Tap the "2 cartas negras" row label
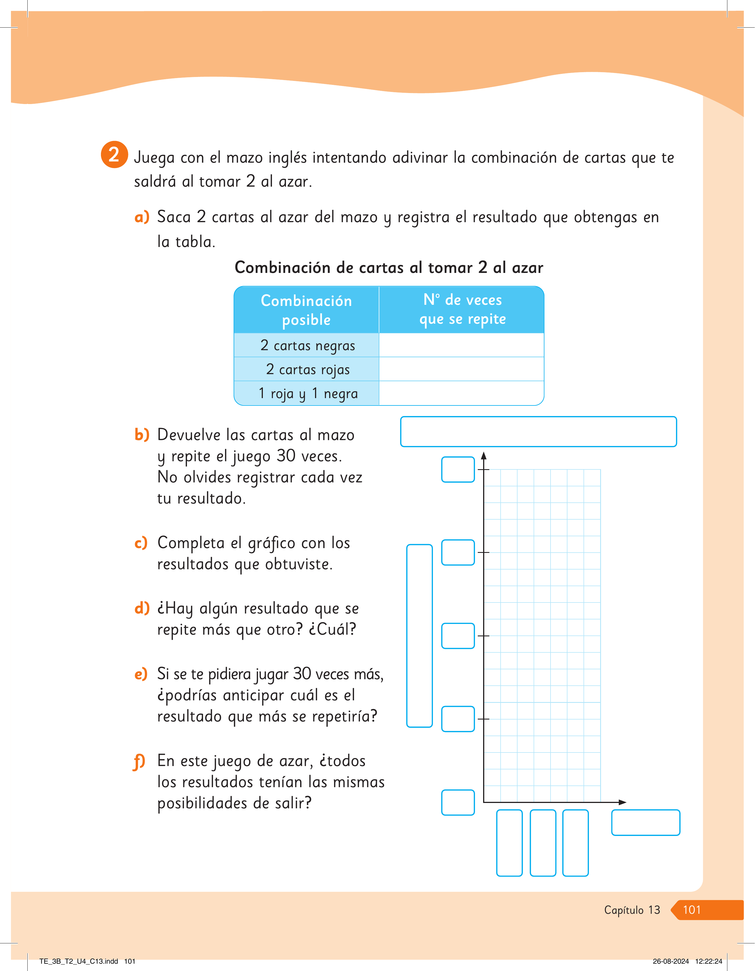[308, 345]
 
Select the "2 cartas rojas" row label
[308, 369]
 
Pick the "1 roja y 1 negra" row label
[308, 394]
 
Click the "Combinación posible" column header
[306, 310]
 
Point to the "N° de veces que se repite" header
[463, 309]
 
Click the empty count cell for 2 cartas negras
[461, 345]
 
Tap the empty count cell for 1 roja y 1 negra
[461, 393]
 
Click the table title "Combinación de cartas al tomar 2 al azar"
[389, 268]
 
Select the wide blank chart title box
[538, 432]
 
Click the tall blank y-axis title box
[419, 636]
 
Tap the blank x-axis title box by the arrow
[646, 822]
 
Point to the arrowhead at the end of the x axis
[622, 802]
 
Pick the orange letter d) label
[142, 608]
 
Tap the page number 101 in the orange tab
[692, 910]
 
